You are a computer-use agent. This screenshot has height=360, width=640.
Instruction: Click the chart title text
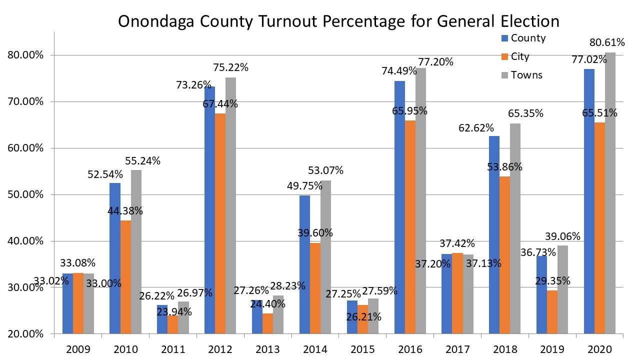(338, 21)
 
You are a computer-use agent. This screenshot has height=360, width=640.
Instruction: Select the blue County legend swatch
(504, 38)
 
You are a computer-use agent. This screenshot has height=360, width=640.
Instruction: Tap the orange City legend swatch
(504, 56)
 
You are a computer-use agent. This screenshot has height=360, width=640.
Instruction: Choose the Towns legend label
(526, 75)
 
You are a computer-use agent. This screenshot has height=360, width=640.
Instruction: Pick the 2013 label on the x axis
(268, 348)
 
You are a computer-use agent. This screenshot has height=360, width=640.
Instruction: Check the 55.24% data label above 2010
(143, 161)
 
